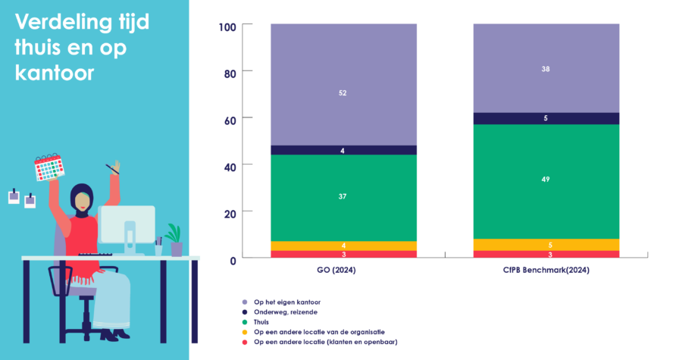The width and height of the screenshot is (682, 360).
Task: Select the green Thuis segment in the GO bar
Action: point(343,197)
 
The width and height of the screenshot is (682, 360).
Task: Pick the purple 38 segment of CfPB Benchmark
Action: point(546,68)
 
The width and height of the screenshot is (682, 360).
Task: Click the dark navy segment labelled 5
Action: point(546,118)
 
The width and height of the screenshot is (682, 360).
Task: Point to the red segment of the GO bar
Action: point(343,254)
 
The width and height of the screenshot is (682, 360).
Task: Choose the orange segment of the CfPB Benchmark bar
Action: point(546,245)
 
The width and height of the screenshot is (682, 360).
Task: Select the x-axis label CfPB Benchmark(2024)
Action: point(546,271)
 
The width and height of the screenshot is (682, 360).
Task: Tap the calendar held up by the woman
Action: point(48,167)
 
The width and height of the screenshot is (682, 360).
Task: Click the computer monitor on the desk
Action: point(127,224)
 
